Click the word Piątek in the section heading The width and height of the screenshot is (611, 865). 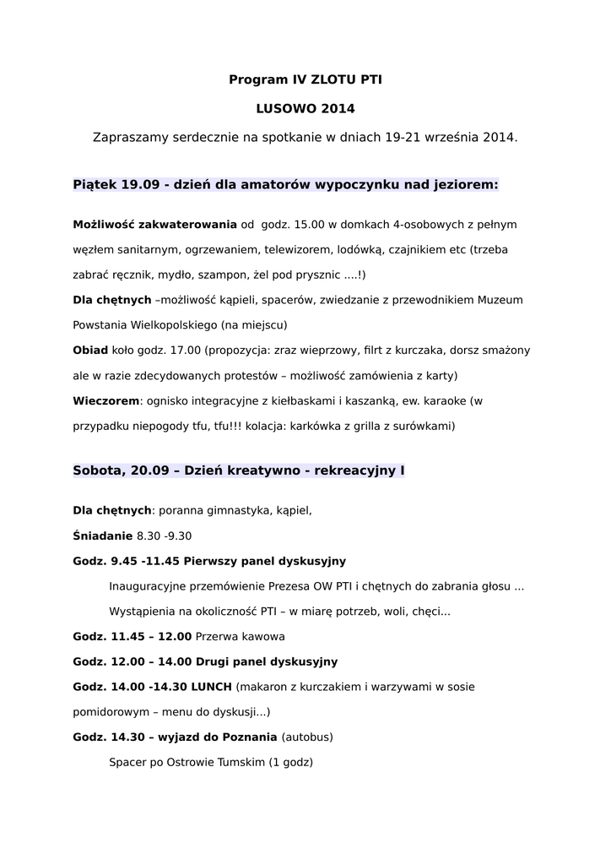click(x=95, y=184)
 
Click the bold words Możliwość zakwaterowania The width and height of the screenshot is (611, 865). click(x=155, y=225)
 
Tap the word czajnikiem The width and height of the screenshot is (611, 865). click(x=419, y=249)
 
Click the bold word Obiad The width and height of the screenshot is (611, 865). click(x=90, y=350)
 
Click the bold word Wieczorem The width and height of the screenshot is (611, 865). click(x=105, y=400)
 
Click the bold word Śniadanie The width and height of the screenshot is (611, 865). click(x=103, y=536)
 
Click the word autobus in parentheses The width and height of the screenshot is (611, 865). click(x=306, y=737)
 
